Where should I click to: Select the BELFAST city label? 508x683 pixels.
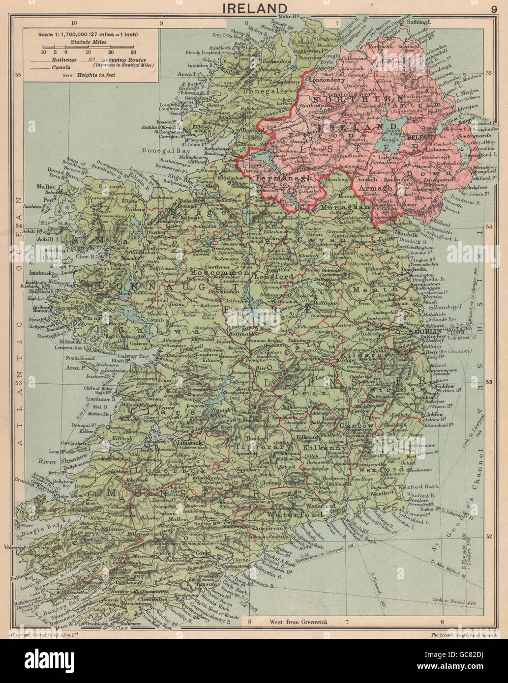[x=419, y=139]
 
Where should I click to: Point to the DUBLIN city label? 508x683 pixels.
[x=426, y=332]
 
